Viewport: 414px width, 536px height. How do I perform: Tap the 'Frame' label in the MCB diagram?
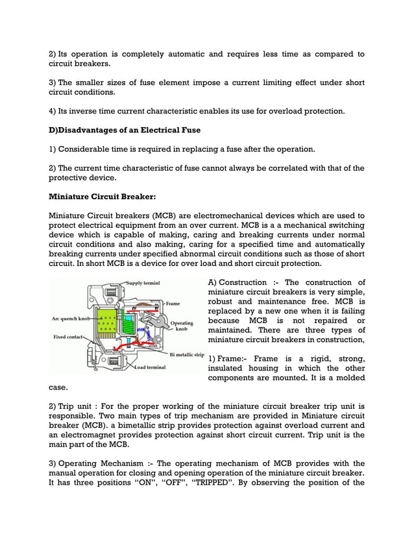pos(173,303)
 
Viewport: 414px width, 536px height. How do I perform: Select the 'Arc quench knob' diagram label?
pos(70,319)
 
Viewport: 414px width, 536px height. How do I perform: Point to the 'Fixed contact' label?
pos(68,337)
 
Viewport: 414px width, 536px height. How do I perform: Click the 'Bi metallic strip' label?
pos(187,355)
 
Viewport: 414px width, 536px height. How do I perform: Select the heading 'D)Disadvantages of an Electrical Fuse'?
pos(125,130)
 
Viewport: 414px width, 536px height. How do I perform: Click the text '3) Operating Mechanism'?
pos(97,463)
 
